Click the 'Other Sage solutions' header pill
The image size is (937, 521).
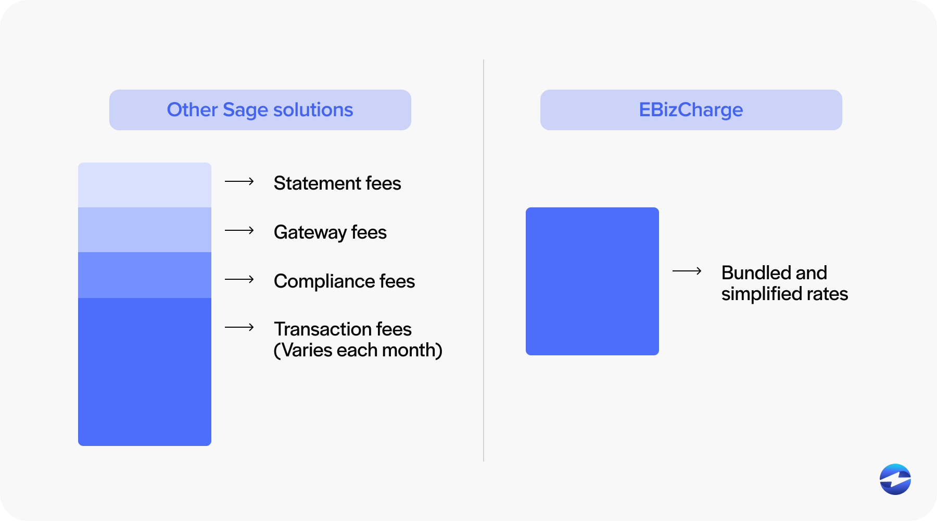click(260, 110)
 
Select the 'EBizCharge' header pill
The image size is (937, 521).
click(691, 110)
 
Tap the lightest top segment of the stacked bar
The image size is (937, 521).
click(145, 185)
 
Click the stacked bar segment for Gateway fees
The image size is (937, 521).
click(145, 230)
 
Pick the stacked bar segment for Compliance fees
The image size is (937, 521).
click(145, 275)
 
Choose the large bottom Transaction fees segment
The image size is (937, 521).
click(145, 371)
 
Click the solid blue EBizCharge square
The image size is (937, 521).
click(592, 281)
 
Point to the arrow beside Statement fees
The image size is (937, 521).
click(239, 181)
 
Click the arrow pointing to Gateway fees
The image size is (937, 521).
click(239, 230)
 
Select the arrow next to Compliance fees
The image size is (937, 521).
click(239, 279)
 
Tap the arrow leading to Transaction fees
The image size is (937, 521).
click(239, 327)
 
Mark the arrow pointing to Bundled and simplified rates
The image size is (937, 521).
click(687, 271)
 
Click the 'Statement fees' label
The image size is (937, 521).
click(337, 183)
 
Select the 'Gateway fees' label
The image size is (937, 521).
click(330, 232)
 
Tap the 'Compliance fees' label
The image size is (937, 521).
click(344, 281)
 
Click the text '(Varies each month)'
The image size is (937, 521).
click(358, 350)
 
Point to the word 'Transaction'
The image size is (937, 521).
click(322, 329)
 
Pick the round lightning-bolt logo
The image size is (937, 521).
click(895, 479)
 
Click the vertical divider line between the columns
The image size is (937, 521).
click(484, 260)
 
